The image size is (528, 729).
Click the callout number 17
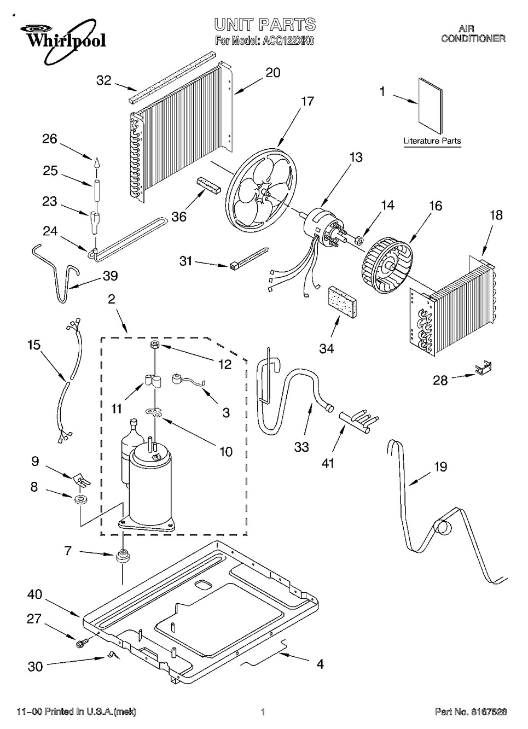[x=307, y=101]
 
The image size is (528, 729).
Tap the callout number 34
[x=327, y=348]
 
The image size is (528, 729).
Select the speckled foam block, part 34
[x=342, y=303]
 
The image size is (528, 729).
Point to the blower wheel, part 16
[x=386, y=267]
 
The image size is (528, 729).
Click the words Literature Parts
[x=432, y=141]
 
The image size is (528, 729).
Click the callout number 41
[x=328, y=463]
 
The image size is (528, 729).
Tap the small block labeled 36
[x=208, y=185]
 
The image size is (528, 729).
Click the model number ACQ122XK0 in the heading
[x=287, y=42]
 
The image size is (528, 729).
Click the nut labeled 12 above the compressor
[x=155, y=345]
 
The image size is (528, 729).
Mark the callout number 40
[x=35, y=594]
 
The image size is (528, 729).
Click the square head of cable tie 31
[x=233, y=266]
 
